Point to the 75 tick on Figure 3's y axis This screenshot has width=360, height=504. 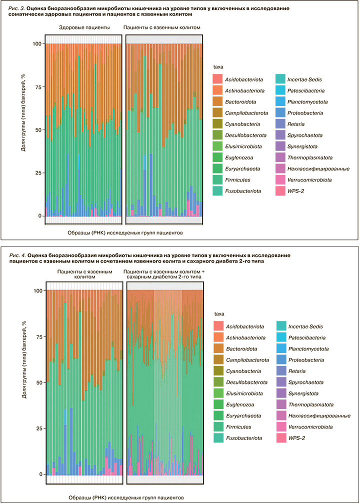pos(37,87)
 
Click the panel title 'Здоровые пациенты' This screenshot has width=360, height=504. pos(84,28)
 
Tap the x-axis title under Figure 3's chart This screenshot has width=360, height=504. pos(125,232)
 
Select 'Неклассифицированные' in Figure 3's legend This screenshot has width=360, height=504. pos(310,169)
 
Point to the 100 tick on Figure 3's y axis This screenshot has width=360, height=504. pos(36,43)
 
